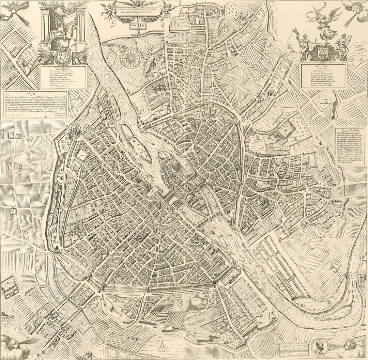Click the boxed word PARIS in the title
click(x=138, y=26)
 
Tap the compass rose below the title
click(x=131, y=58)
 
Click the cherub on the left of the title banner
click(x=109, y=10)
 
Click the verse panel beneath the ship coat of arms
click(x=323, y=76)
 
